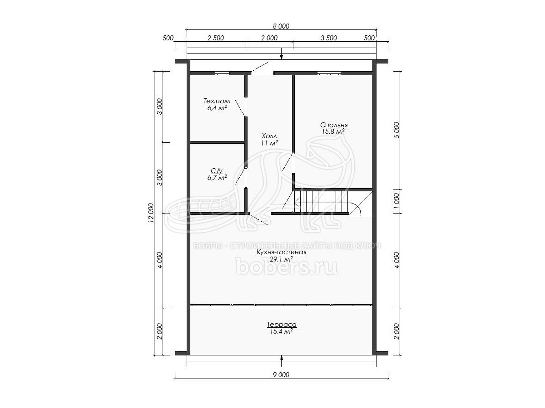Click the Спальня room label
pos(334,125)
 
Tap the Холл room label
pos(269,136)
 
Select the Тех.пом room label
pos(217,101)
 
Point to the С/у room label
pos(217,171)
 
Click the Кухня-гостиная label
pos(281,252)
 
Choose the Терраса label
pos(282,325)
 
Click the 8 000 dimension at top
pos(281,26)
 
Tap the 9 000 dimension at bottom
pos(281,375)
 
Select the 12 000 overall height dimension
pos(151,213)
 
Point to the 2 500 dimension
pos(216,38)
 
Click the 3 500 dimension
pos(329,38)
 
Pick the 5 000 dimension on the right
pos(397,130)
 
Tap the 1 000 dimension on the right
pos(397,201)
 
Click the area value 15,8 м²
pos(333,131)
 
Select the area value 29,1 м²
pos(281,259)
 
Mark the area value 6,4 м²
pos(217,108)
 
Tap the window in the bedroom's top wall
pos(329,73)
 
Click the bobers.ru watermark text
pos(287,266)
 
